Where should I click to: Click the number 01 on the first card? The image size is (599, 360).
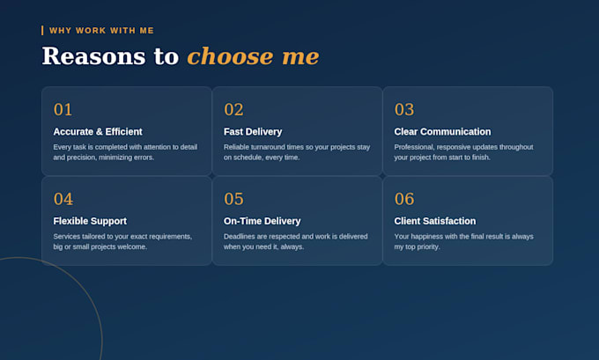point(63,109)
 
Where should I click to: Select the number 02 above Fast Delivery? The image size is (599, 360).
point(233,109)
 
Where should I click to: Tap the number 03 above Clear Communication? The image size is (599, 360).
point(404,109)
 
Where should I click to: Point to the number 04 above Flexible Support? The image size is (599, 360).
point(63,199)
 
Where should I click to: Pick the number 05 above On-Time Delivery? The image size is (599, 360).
point(233,199)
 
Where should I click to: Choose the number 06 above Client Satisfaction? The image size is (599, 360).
point(404,199)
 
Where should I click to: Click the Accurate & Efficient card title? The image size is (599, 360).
point(98,132)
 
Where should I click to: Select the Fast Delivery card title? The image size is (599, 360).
point(253,132)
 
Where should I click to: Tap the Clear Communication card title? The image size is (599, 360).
point(442,132)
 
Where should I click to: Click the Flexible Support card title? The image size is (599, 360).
point(90,221)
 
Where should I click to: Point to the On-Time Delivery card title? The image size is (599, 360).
point(263,221)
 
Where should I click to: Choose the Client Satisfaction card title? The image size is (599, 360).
point(435,221)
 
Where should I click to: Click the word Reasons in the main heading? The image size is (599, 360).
point(93,56)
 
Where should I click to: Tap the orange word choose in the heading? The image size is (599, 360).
point(231,56)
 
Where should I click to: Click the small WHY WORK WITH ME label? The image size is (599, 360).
point(101,31)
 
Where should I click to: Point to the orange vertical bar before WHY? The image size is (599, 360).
point(42,31)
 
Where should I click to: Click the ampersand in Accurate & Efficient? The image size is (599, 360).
point(99,132)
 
